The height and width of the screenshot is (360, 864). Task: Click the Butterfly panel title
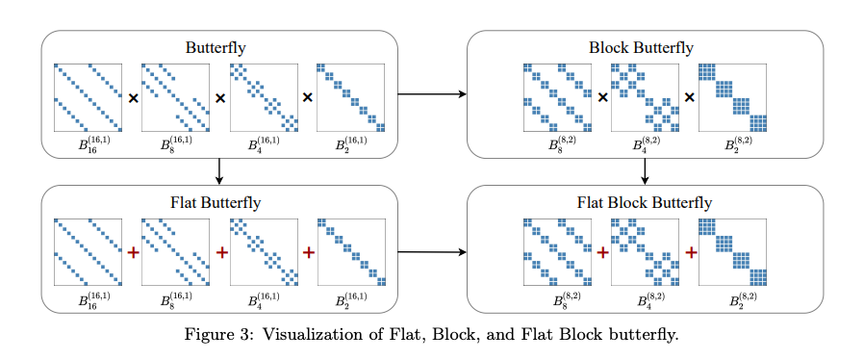point(216,47)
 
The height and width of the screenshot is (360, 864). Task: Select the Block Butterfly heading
point(641,47)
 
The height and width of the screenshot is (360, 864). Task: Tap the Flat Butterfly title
point(216,202)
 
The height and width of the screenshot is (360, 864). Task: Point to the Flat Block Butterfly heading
point(644,202)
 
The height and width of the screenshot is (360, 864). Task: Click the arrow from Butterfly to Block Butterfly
point(432,94)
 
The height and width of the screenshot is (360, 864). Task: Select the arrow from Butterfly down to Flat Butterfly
point(219,171)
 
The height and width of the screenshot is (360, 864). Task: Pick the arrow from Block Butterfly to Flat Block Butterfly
point(645,171)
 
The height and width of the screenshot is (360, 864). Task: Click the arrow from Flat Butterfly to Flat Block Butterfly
point(432,252)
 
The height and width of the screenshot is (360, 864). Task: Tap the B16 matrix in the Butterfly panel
point(89,97)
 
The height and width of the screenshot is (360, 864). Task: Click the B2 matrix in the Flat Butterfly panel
point(351,252)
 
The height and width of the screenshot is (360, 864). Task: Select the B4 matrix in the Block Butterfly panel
point(645,97)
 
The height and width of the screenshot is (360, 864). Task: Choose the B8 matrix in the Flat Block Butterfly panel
point(558,252)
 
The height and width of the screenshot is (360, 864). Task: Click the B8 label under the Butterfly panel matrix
point(176,144)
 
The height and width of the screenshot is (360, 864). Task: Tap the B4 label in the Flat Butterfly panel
point(264,299)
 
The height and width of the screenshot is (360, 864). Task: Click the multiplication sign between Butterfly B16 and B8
point(132,97)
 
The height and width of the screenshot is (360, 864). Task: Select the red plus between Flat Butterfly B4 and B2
point(309,252)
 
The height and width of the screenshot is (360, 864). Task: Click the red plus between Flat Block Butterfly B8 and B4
point(603,252)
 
